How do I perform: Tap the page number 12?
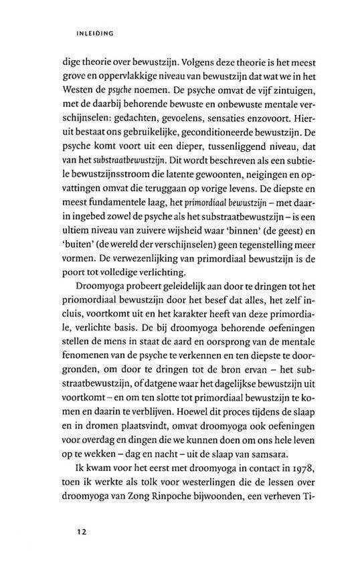[x=81, y=532]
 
